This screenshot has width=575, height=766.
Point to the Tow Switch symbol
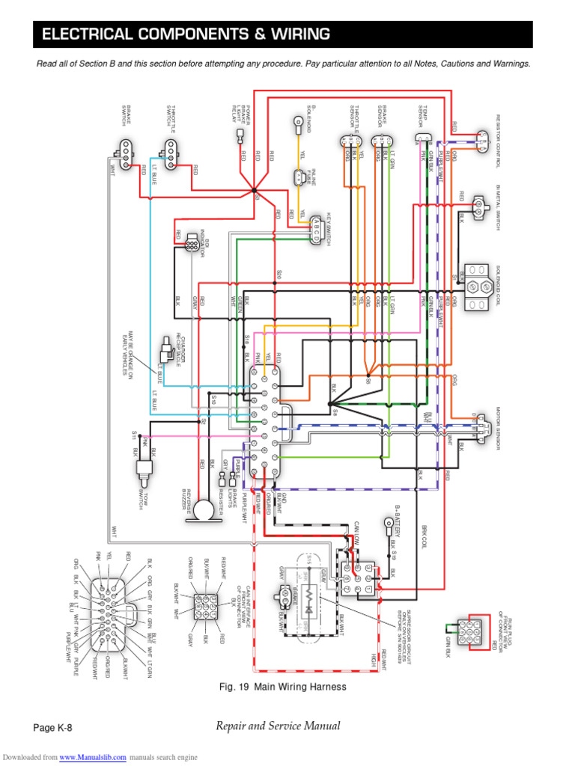(x=142, y=470)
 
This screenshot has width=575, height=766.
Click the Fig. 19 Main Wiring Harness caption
(x=283, y=686)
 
